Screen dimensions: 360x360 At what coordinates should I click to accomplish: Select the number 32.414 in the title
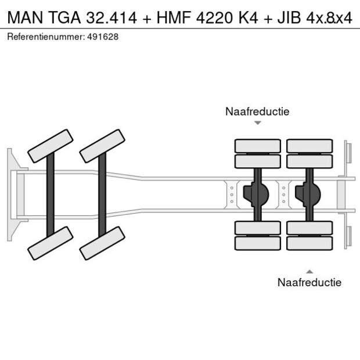point(110,18)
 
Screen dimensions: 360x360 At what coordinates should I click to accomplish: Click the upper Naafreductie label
point(257,111)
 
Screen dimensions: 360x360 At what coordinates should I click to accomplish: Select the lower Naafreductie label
point(309,282)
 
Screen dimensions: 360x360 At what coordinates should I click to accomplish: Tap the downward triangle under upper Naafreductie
point(258,123)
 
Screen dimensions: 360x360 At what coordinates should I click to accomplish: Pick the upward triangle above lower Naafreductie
point(309,271)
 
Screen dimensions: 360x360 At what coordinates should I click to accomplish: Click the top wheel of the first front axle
point(51,146)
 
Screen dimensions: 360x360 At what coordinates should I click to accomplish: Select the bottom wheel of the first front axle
point(51,243)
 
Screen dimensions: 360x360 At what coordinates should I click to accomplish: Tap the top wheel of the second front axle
point(102,146)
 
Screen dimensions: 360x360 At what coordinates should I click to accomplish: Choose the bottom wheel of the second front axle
point(102,243)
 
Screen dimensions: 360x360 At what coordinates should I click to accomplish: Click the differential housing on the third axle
point(258,194)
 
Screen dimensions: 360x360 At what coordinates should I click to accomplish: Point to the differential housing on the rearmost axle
point(310,194)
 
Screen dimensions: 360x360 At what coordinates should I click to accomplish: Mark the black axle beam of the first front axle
point(51,194)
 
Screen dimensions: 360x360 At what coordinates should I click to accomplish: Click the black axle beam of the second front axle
point(102,194)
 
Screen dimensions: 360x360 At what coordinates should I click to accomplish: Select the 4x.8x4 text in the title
point(330,18)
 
